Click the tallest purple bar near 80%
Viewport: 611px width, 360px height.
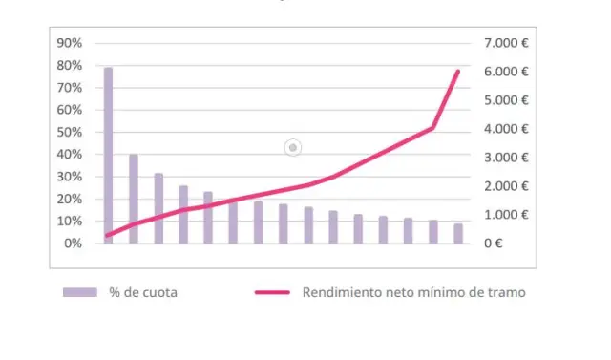[x=109, y=155]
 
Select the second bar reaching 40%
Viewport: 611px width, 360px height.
[x=134, y=199]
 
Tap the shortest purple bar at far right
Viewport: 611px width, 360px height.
[x=458, y=233]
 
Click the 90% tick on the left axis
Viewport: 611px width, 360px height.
[x=70, y=43]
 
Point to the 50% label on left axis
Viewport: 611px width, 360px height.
[x=70, y=132]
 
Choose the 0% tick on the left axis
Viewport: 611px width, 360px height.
[x=73, y=244]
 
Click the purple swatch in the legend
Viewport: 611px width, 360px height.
[x=81, y=292]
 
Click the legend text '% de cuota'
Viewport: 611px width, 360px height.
[x=143, y=292]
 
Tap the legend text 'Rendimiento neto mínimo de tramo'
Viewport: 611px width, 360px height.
[x=412, y=292]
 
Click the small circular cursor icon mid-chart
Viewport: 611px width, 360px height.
[x=293, y=147]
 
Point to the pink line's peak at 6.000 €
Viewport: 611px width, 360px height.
[x=458, y=72]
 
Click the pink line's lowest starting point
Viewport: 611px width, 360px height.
[x=108, y=235]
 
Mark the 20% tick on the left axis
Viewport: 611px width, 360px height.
[x=70, y=199]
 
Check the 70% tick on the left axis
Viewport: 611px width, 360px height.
[x=70, y=87]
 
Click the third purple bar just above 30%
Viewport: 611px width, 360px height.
[x=158, y=208]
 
